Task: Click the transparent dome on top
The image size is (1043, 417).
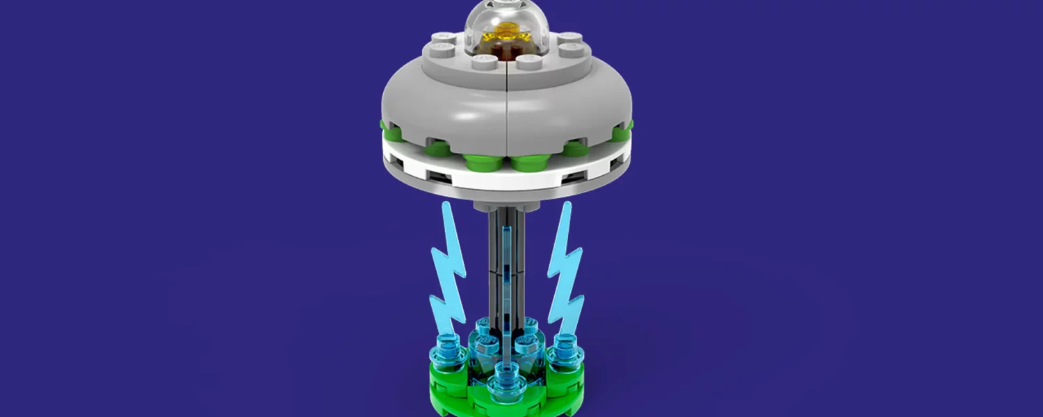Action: (x=506, y=21)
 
